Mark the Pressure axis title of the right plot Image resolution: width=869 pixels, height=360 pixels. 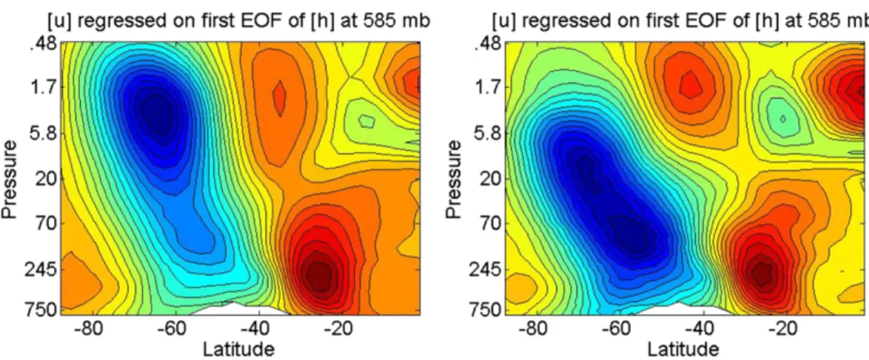coord(455,179)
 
